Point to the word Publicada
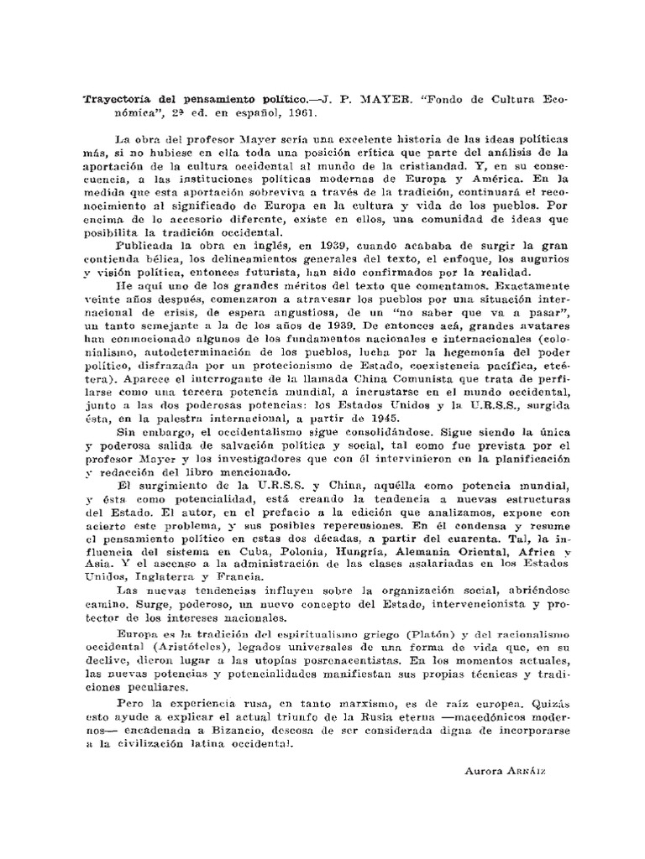click(x=146, y=247)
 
